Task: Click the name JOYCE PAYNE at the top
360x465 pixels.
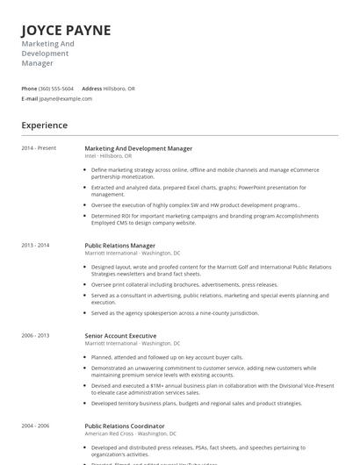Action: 66,31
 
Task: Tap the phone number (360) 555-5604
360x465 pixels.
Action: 57,89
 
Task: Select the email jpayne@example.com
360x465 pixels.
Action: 66,98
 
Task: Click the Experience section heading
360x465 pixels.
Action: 44,125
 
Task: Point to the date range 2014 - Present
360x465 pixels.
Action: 39,148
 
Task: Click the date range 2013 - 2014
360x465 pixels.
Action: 35,246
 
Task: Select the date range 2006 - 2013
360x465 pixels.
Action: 35,336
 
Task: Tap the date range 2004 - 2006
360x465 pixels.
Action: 35,426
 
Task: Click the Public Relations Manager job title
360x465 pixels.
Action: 119,246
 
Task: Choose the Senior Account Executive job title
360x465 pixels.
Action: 120,336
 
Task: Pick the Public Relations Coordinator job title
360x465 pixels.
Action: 125,426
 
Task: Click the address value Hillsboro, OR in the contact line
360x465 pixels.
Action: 120,89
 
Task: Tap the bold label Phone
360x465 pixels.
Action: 29,89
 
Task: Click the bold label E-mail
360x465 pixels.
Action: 30,98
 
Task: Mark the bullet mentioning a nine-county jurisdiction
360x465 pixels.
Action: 175,312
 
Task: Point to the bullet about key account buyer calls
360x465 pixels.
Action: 167,357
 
